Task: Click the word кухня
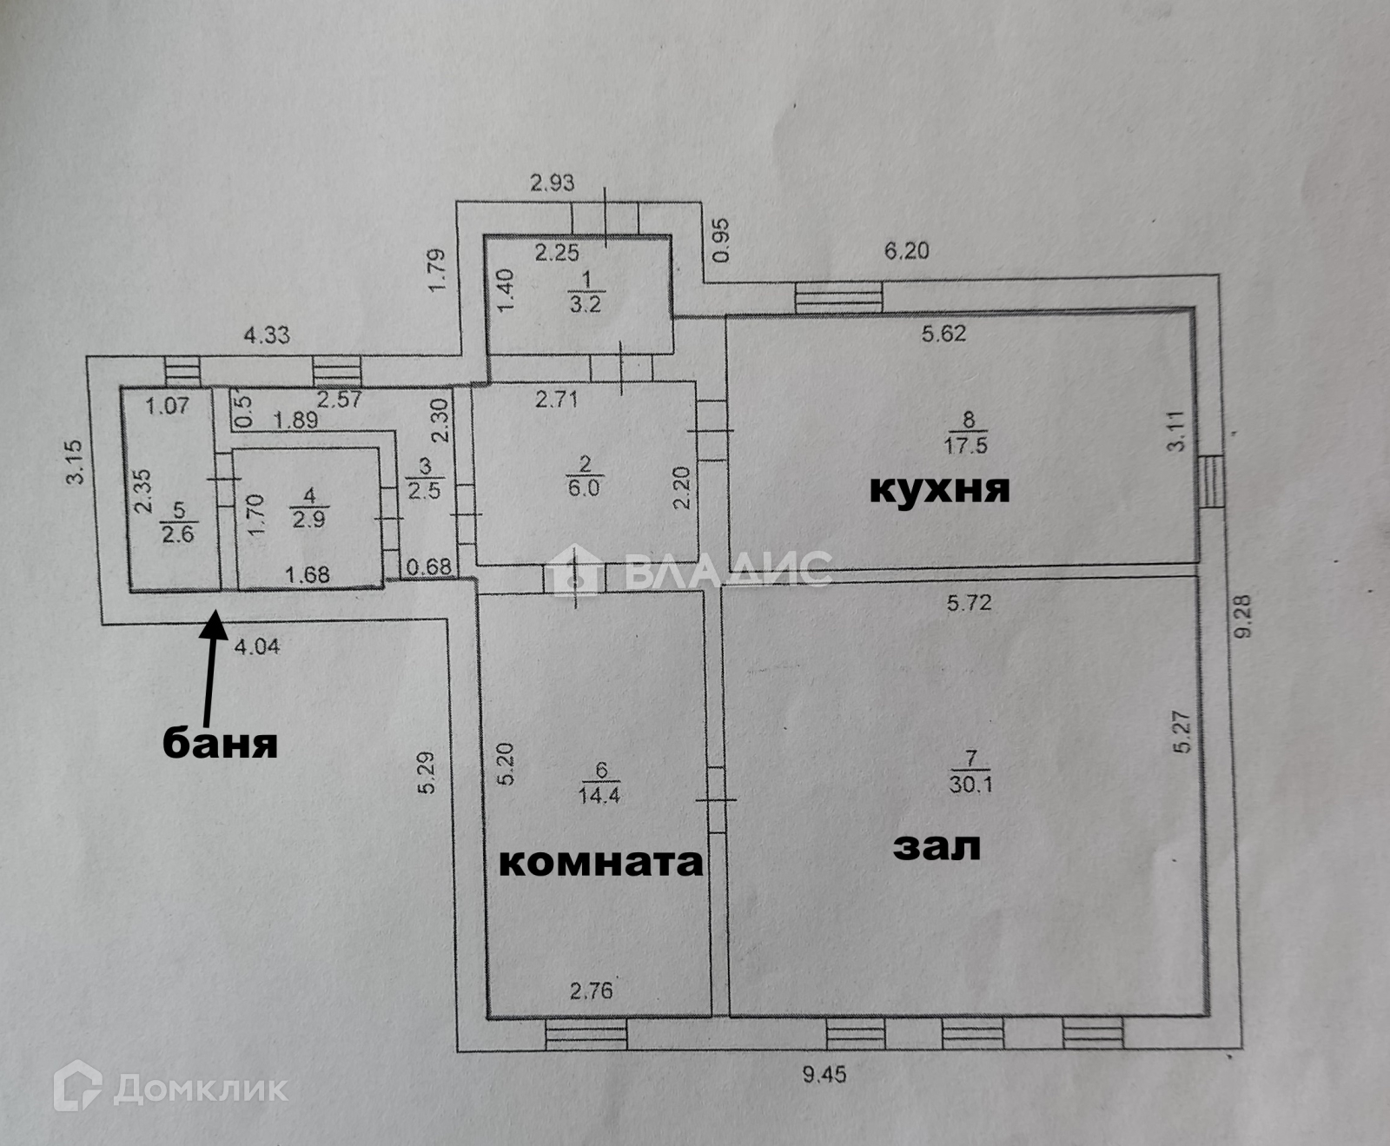[x=939, y=490]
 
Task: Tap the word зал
[x=937, y=845]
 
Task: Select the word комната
[x=600, y=862]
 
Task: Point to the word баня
[x=221, y=743]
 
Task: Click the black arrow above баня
[x=209, y=669]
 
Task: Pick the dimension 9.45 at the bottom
[x=824, y=1075]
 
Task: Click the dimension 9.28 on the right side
[x=1245, y=616]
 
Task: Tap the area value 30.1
[x=970, y=784]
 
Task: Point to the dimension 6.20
[x=906, y=251]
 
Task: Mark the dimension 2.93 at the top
[x=553, y=182]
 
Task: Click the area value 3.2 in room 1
[x=585, y=305]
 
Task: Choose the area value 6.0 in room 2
[x=584, y=487]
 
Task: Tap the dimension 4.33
[x=266, y=335]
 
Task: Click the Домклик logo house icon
[x=77, y=1086]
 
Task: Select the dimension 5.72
[x=969, y=601]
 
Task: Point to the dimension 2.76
[x=592, y=990]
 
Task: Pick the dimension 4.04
[x=257, y=646]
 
